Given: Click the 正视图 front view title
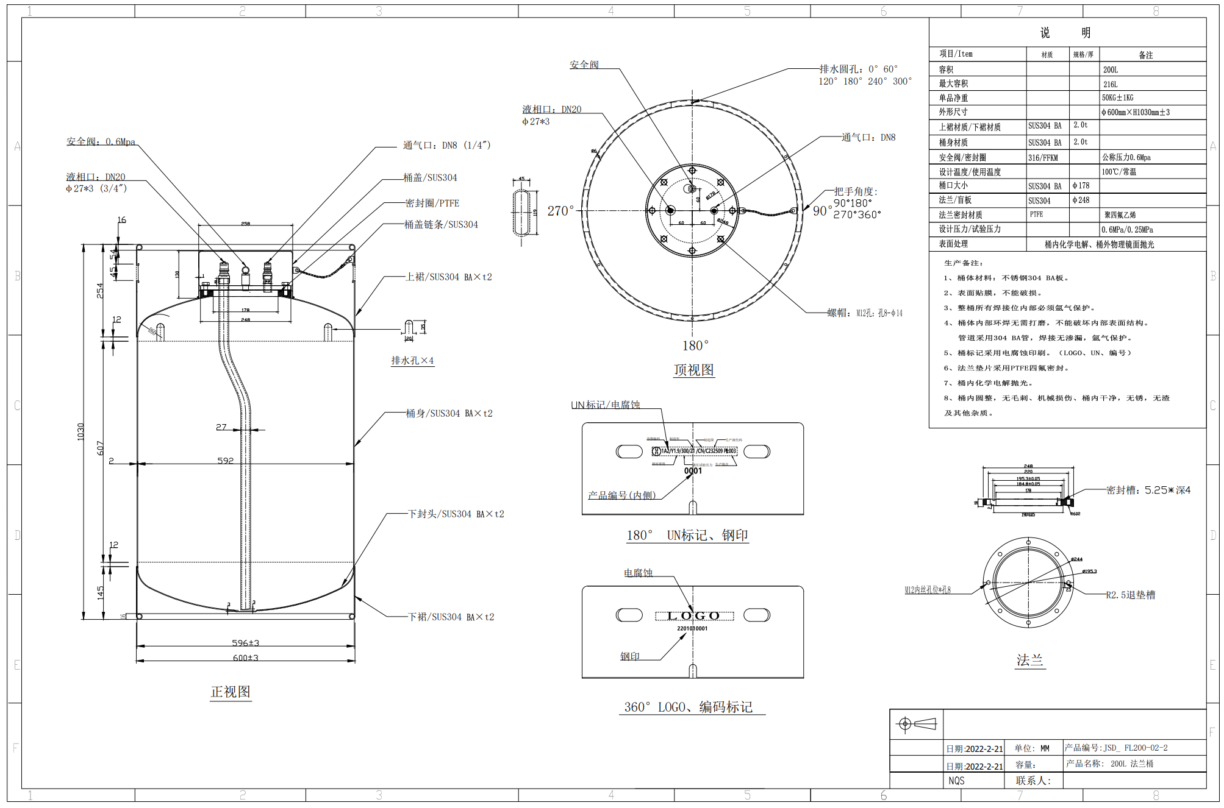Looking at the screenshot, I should (x=231, y=692).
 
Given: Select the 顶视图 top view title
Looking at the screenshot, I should (x=693, y=370).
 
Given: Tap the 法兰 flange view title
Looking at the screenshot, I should (x=1029, y=660).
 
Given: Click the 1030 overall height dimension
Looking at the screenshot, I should (x=81, y=431).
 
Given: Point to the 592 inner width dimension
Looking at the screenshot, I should (x=226, y=461).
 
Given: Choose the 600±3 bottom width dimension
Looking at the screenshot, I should (x=245, y=658).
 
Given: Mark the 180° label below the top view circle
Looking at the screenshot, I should (x=695, y=346).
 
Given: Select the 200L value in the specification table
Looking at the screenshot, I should (x=1110, y=70).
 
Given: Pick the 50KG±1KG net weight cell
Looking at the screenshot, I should (x=1117, y=98).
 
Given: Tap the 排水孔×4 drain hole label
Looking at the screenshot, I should (x=412, y=361).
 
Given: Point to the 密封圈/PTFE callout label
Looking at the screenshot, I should (x=432, y=204).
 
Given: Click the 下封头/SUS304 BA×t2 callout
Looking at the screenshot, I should (x=456, y=514).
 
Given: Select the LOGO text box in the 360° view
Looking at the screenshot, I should (x=694, y=616).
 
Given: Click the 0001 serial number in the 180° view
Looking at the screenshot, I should (x=693, y=471).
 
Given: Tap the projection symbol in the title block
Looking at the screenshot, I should (x=916, y=724).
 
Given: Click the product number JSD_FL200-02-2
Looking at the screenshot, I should (x=1116, y=748).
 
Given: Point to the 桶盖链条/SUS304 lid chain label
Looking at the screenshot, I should (x=441, y=225).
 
